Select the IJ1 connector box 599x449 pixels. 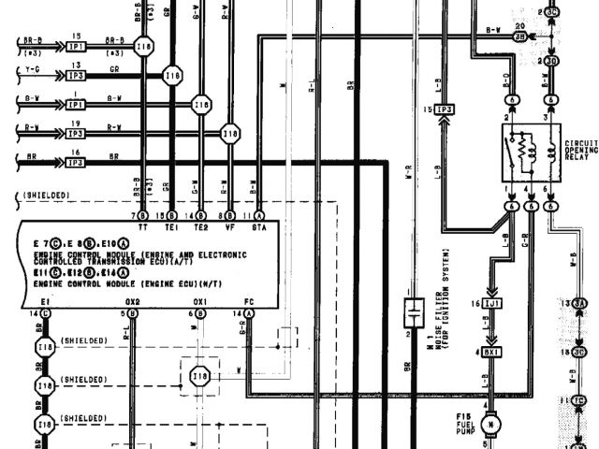493,305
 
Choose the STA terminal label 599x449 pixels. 258,226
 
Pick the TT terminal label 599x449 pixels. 142,226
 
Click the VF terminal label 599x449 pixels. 230,226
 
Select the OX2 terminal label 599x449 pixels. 133,301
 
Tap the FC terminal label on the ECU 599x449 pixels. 249,301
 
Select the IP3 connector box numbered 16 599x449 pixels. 76,161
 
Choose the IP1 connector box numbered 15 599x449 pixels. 76,44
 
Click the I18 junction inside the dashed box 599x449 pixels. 199,377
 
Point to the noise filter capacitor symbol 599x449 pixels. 409,311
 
